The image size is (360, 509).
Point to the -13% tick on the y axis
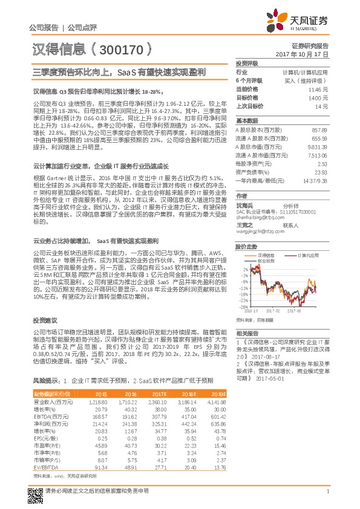[x=243, y=289]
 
